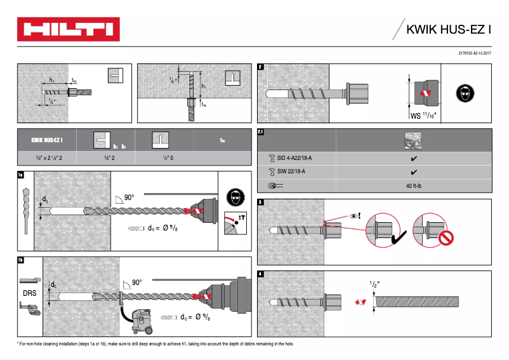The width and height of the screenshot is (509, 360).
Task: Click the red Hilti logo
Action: pos(69,29)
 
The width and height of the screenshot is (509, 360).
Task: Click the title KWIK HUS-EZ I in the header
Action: pos(449,29)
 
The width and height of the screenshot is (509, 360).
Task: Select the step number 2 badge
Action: pos(261,67)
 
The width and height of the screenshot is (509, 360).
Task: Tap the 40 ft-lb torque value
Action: pos(414,185)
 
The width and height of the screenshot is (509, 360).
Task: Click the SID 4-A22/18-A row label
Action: pos(294,157)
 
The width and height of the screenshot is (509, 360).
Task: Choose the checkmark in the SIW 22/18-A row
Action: pos(414,171)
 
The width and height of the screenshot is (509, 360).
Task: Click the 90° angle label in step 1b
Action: pos(136,283)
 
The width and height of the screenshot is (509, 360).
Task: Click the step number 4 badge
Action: pos(261,274)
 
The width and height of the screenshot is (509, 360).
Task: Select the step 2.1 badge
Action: pos(261,132)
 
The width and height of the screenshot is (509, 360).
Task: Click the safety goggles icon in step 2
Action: pos(465,94)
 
